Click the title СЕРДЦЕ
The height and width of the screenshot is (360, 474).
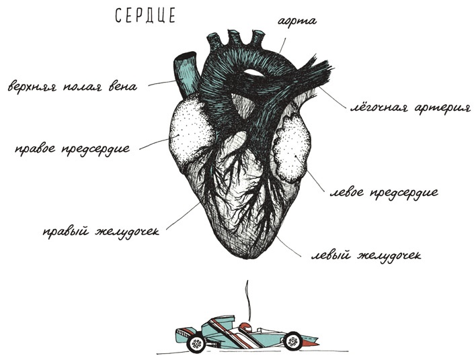[145, 15]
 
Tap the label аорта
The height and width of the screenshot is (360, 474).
[297, 21]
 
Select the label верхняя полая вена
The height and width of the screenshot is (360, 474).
[73, 87]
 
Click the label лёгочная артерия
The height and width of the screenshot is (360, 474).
[411, 108]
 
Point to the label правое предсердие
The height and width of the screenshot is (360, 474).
[73, 149]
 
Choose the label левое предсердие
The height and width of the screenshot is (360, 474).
[384, 193]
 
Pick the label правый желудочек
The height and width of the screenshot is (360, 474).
[102, 232]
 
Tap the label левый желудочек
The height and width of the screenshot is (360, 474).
[366, 256]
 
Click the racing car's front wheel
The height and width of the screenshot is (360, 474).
[292, 341]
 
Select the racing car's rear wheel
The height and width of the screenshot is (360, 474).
[196, 343]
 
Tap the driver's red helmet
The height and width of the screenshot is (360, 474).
[245, 327]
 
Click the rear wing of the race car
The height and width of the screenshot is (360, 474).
[184, 334]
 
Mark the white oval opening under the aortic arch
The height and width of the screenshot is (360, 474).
[253, 73]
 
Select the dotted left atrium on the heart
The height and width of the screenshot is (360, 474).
[292, 148]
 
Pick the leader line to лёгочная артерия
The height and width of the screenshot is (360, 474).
[332, 97]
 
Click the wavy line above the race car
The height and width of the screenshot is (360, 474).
[248, 300]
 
